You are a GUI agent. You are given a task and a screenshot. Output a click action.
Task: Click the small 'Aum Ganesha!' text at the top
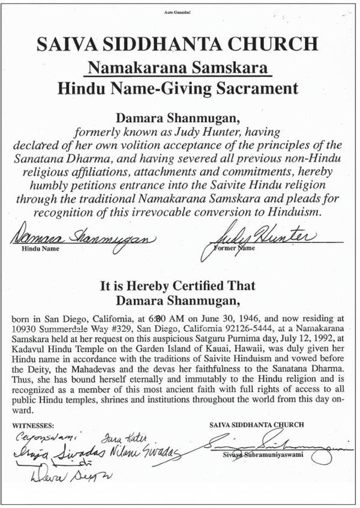(179, 11)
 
